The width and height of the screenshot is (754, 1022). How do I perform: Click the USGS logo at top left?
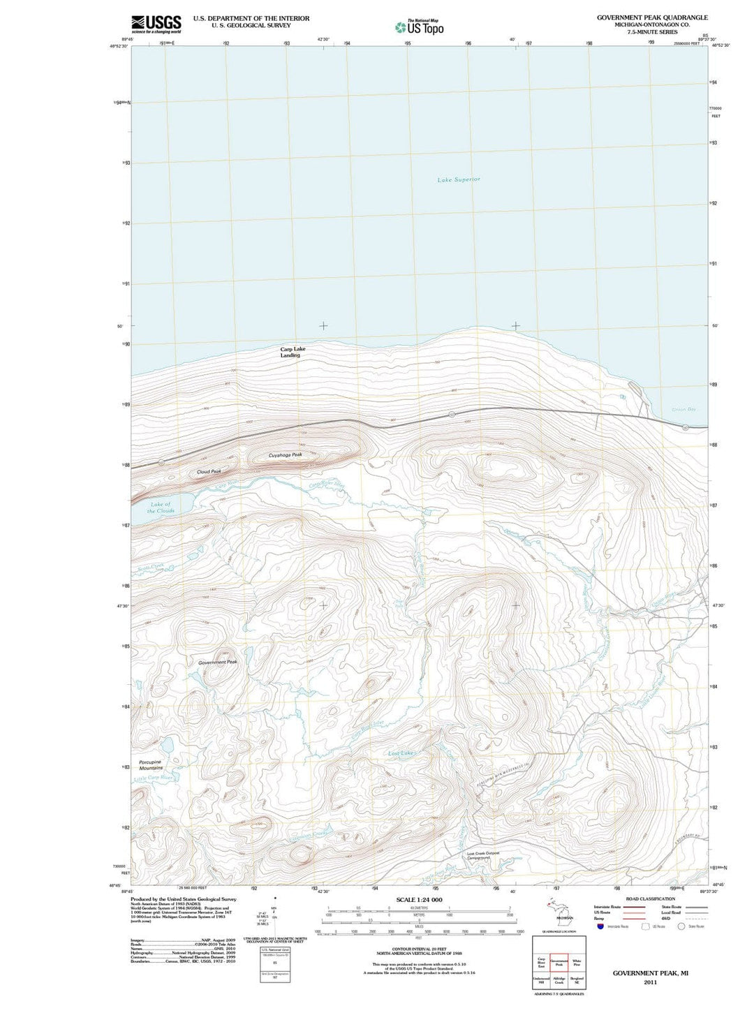(156, 24)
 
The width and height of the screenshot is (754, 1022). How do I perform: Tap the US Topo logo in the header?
(419, 27)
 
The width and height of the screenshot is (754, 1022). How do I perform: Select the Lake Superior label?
(459, 180)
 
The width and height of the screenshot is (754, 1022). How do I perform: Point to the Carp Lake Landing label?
(292, 352)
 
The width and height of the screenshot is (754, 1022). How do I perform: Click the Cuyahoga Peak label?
(286, 455)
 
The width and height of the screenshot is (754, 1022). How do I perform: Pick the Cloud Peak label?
(209, 472)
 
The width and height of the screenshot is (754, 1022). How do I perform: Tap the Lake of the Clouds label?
(161, 508)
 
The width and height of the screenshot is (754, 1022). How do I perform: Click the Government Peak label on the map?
(218, 662)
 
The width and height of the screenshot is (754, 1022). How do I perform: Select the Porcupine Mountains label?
(151, 765)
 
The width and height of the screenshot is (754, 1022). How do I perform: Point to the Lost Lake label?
(401, 754)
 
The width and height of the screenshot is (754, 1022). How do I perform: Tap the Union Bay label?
(683, 410)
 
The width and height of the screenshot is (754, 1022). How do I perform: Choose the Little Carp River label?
(154, 778)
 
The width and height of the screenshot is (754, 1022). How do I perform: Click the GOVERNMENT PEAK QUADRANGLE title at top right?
(652, 17)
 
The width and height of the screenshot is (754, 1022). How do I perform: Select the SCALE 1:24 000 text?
(419, 900)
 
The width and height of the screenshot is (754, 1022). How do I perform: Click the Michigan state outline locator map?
(559, 912)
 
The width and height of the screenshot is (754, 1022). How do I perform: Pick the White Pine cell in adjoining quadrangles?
(577, 963)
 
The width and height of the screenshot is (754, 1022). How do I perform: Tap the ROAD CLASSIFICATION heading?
(650, 898)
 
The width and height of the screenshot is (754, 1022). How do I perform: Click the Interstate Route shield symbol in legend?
(600, 926)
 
